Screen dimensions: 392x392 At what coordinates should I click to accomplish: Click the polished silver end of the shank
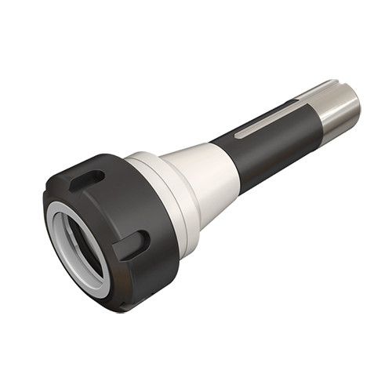(x=337, y=110)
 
